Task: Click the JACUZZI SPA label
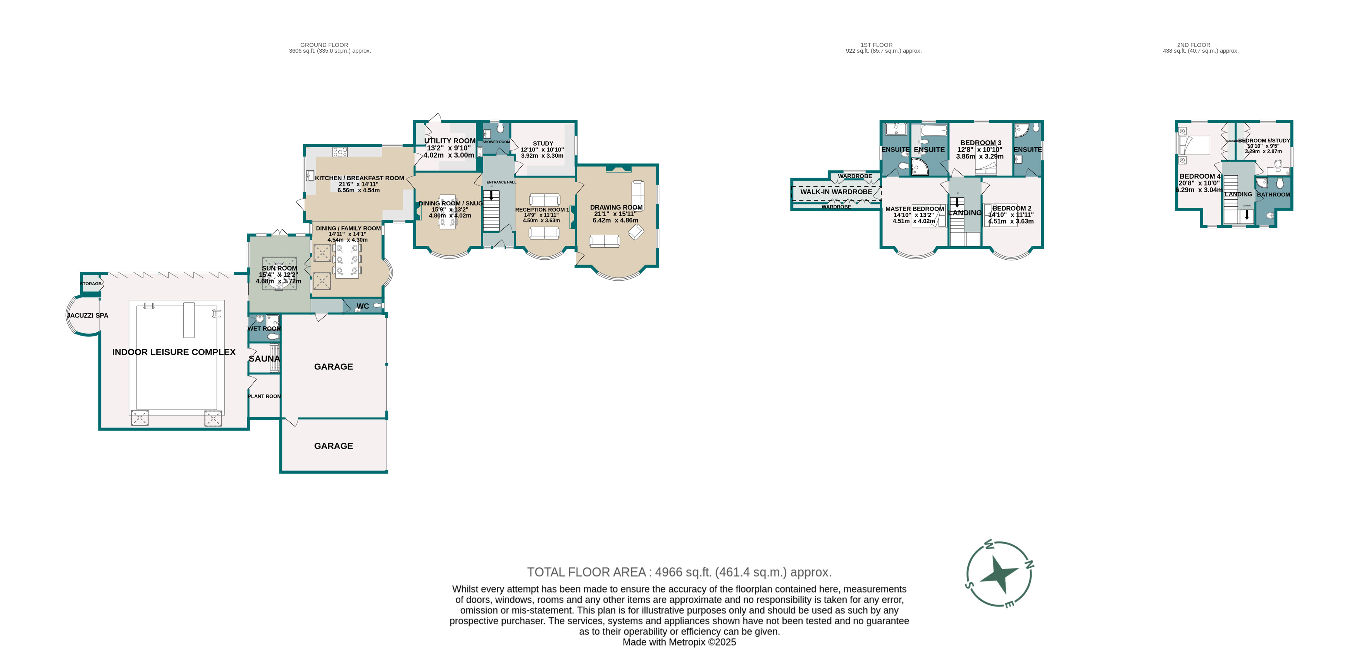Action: [88, 315]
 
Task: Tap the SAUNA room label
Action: [264, 359]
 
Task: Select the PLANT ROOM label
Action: [264, 396]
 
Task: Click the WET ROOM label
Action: [264, 329]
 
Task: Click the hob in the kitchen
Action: [340, 152]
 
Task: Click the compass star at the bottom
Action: [998, 574]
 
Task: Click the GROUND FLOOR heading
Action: [324, 45]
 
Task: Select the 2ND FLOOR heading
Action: [1194, 45]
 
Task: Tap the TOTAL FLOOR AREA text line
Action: [679, 572]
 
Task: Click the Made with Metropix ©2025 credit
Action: [679, 642]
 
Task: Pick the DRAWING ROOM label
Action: [616, 207]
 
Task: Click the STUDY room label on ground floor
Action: [543, 143]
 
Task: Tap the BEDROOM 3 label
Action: [981, 143]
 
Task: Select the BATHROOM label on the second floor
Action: [1273, 195]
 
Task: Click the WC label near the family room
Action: [362, 306]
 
